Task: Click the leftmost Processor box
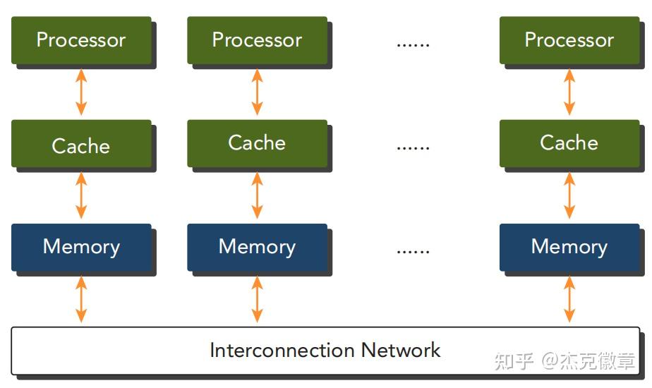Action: tap(82, 40)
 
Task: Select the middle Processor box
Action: tap(258, 40)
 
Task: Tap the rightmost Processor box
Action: tap(569, 40)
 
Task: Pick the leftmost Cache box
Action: tap(82, 144)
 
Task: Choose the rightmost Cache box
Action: tap(569, 144)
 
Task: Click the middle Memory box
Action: tap(258, 248)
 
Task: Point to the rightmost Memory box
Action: tap(569, 248)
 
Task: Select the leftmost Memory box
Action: tap(82, 248)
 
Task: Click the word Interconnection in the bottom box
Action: tap(282, 350)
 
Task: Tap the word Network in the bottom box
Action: tap(400, 350)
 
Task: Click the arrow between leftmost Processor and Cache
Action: tap(82, 92)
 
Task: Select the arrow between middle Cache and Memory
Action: tap(258, 195)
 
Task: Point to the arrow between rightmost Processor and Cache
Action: tap(569, 92)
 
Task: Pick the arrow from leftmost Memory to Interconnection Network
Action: tap(82, 299)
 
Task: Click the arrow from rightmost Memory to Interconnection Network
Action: tap(569, 299)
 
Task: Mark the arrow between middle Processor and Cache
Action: tap(258, 92)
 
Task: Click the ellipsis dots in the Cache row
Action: tap(413, 148)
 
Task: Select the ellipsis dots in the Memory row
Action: tap(413, 252)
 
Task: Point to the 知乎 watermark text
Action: tap(514, 361)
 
